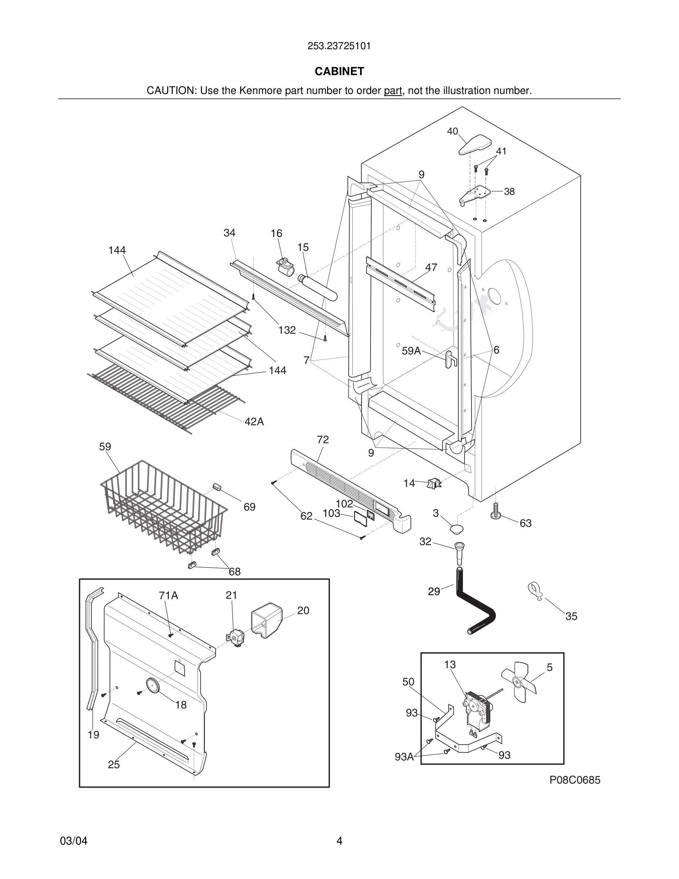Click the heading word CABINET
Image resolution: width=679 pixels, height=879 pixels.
pyautogui.click(x=339, y=71)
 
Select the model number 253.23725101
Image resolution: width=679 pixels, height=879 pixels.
pyautogui.click(x=339, y=46)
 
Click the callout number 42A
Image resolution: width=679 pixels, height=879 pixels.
pyautogui.click(x=254, y=421)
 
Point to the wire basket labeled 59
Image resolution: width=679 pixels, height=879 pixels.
pyautogui.click(x=161, y=507)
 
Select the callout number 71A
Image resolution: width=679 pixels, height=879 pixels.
pyautogui.click(x=168, y=595)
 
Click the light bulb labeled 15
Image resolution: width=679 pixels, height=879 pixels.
pyautogui.click(x=318, y=287)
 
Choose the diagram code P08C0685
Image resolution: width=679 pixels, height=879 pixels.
pyautogui.click(x=575, y=780)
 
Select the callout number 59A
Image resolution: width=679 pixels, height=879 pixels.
pyautogui.click(x=411, y=351)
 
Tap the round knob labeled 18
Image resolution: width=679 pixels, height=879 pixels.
pyautogui.click(x=152, y=685)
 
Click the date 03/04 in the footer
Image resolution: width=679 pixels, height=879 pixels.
pyautogui.click(x=74, y=841)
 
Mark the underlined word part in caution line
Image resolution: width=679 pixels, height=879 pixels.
pyautogui.click(x=393, y=91)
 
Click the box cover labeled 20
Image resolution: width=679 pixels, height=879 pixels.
pyautogui.click(x=266, y=620)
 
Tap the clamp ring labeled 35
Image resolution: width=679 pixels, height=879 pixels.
pyautogui.click(x=535, y=592)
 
